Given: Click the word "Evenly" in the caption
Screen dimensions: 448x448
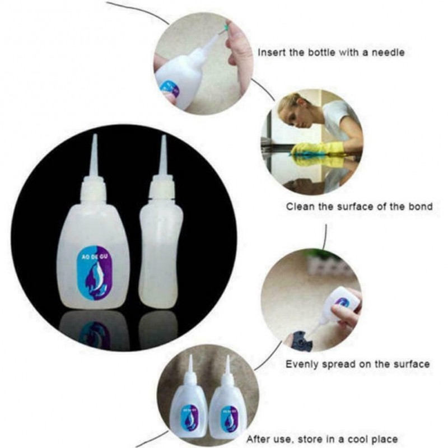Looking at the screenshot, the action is coord(302,365).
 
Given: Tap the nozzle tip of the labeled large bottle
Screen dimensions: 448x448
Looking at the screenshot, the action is coord(94,135).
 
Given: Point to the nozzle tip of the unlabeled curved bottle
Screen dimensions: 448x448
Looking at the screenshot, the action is coord(164,136).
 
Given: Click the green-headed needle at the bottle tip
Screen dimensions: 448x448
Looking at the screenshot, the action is coord(226,27).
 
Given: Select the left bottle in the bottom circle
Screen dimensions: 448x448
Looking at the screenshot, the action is coord(188,399).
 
